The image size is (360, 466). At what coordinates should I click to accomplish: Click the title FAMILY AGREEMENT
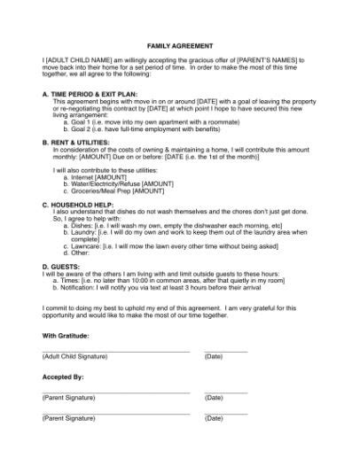coord(179,43)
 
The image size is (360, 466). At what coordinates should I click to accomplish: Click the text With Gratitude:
coord(67,337)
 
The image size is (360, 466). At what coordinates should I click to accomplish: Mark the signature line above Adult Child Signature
coord(115,351)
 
